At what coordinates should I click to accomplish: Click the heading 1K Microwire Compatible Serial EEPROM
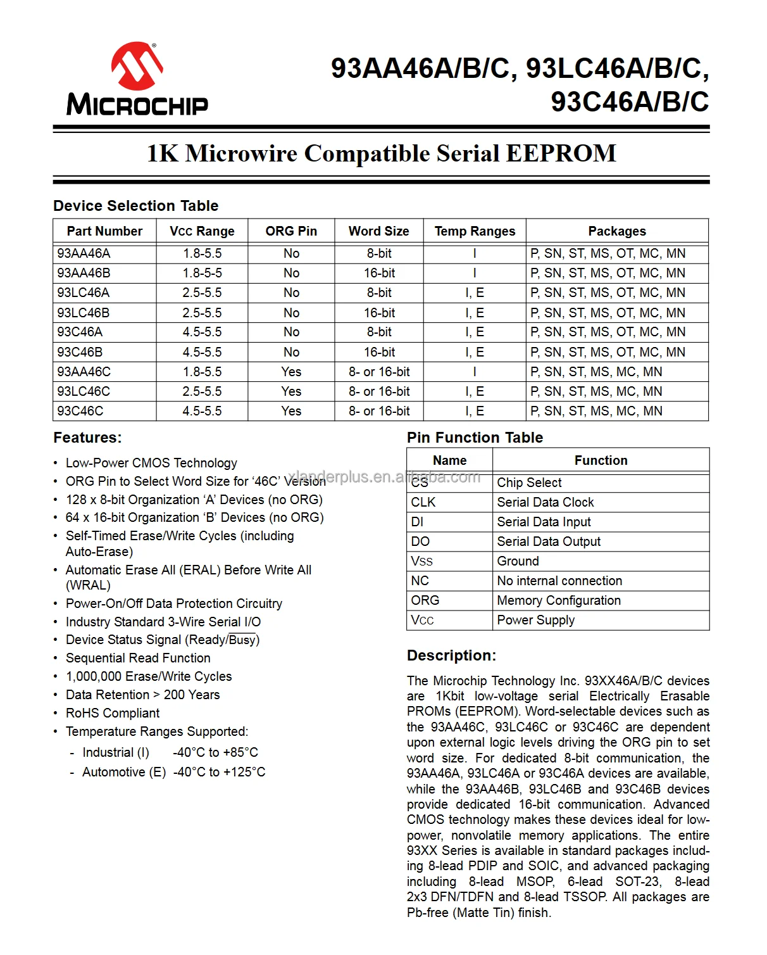tap(381, 153)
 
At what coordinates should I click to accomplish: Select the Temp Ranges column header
tap(475, 231)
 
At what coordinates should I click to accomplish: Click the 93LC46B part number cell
tap(84, 313)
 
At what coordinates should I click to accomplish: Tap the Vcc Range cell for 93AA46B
tap(202, 273)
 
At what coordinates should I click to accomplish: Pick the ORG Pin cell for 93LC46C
tap(291, 391)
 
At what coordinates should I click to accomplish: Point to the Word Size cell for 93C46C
tap(379, 411)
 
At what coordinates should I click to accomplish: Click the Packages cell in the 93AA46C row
tap(596, 372)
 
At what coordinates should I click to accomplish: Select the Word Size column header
tap(378, 231)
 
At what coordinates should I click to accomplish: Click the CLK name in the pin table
tap(423, 502)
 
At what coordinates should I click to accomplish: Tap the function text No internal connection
tap(559, 581)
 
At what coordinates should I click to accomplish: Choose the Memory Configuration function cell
tap(559, 600)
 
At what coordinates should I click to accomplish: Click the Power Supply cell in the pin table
tap(535, 620)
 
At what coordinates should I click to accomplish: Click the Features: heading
tap(87, 438)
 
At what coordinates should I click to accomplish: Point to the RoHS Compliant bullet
tap(113, 713)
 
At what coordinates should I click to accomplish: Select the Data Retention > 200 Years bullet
tap(142, 695)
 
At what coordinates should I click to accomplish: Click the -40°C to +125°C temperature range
tap(219, 772)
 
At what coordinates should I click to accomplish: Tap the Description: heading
tap(451, 655)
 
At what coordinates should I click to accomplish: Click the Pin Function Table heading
tap(475, 438)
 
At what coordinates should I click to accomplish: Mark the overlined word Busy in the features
tap(242, 640)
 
